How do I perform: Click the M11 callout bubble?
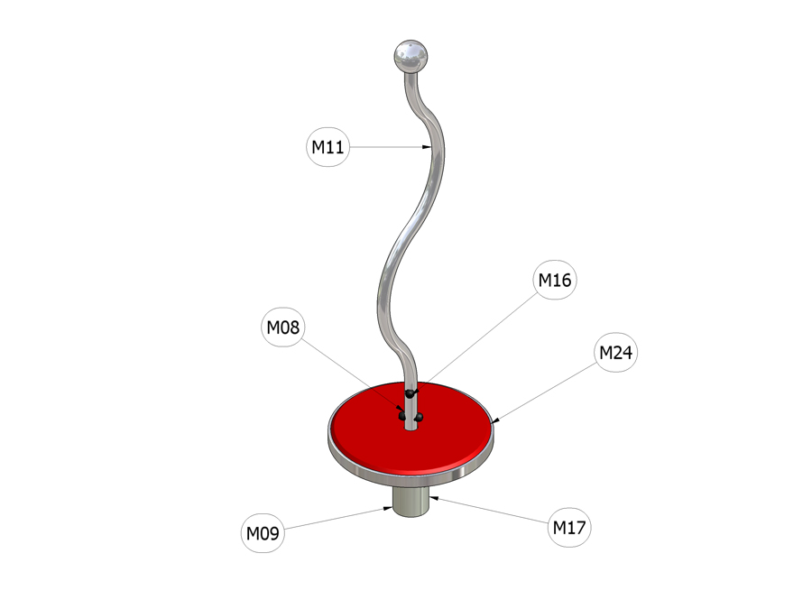coord(328,147)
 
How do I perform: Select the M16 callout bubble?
coord(555,280)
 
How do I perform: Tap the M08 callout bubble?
coord(282,327)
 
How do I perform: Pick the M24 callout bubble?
coord(615,352)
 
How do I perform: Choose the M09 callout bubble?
coord(263,532)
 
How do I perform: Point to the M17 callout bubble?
coord(569,527)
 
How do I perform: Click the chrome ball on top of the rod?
coord(411,55)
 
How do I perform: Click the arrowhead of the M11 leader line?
coord(427,147)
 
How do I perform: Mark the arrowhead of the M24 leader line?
coord(495,420)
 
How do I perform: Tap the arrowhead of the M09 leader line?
coord(387,509)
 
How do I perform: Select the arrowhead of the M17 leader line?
coord(434,498)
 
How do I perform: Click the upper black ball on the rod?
coord(411,394)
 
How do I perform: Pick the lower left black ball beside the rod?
coord(402,416)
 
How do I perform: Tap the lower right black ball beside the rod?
coord(419,417)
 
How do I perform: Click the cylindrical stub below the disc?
coord(411,502)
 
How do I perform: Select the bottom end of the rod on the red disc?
coord(411,428)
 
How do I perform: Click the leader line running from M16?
coord(475,342)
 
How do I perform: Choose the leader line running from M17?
coord(489,510)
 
